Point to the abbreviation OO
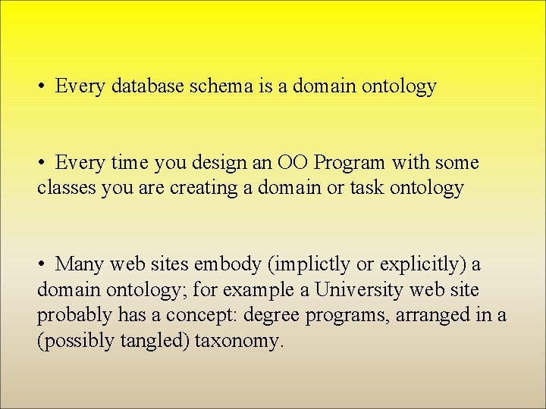[x=293, y=163]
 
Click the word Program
[x=350, y=163]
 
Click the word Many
[x=80, y=264]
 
